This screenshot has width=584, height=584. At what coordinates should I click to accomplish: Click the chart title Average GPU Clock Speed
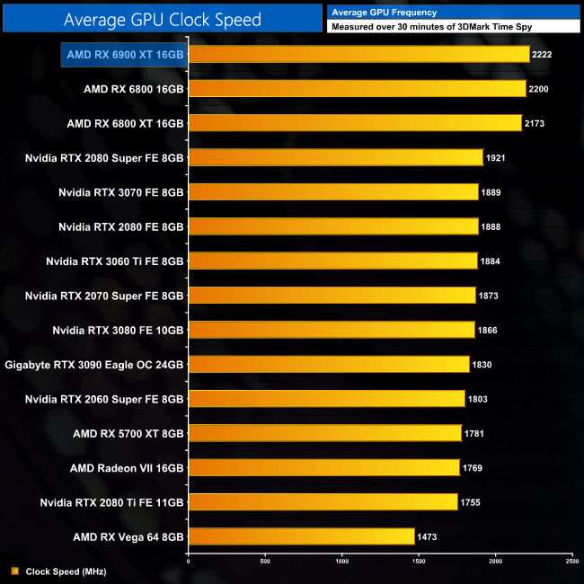[163, 19]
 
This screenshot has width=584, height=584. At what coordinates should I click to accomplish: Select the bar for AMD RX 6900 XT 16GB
[358, 55]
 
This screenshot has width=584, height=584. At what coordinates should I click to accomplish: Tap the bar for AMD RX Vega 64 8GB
[301, 536]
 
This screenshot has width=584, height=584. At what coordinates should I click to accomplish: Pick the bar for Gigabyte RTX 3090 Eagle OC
[328, 364]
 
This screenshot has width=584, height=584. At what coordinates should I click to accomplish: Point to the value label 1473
[428, 536]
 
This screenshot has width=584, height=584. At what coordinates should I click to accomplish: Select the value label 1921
[496, 158]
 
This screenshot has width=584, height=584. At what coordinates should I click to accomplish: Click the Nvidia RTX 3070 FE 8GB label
[121, 192]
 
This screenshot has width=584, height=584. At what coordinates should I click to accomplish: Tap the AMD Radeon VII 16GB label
[127, 468]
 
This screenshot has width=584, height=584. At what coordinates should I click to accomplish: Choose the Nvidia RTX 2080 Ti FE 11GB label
[112, 502]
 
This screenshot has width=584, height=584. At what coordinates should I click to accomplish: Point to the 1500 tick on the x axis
[419, 562]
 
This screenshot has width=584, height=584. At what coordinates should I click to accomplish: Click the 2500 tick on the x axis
[572, 562]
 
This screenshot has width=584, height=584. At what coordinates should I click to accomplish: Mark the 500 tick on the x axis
[265, 562]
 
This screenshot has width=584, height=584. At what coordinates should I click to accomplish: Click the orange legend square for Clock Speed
[15, 571]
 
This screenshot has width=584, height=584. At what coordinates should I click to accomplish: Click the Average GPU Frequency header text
[384, 13]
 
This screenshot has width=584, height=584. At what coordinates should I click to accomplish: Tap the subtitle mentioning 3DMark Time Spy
[431, 27]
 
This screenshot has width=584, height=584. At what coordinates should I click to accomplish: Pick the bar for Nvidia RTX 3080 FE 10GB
[331, 330]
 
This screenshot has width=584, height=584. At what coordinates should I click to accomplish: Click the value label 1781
[475, 434]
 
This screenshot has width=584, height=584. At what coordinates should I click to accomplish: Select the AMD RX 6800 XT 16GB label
[126, 123]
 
